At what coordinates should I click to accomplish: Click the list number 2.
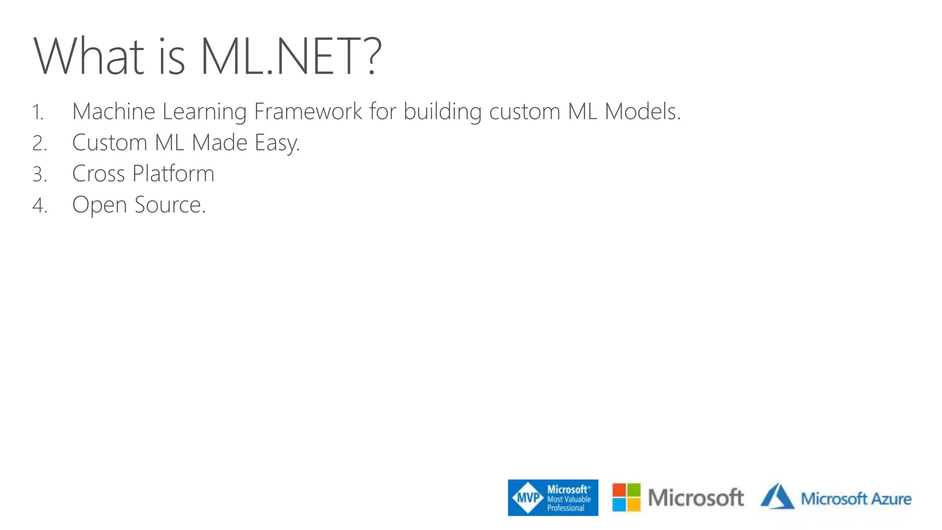(40, 144)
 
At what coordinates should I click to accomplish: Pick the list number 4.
(40, 206)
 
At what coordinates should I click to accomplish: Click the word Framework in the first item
(308, 112)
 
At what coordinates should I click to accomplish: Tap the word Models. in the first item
(642, 112)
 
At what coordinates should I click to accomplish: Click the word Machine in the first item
(114, 112)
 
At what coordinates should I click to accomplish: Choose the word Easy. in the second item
(277, 143)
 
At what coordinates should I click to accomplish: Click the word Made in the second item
(219, 143)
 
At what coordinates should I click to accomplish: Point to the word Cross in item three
(98, 174)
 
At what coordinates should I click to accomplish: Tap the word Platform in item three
(173, 174)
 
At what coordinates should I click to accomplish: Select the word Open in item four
(99, 206)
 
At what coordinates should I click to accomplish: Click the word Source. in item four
(170, 205)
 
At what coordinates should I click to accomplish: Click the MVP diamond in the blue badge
(528, 498)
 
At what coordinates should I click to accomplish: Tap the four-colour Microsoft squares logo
(626, 497)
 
